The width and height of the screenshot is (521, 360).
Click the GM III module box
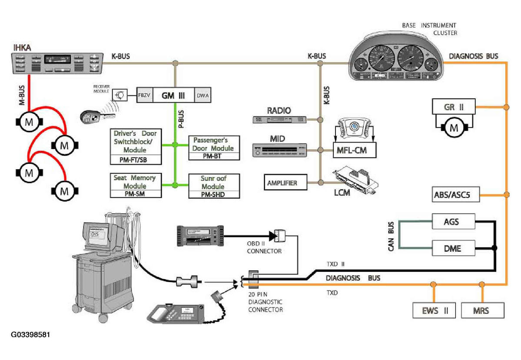tap(174, 95)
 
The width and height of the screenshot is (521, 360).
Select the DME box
tap(452, 249)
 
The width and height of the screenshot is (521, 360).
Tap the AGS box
tap(452, 222)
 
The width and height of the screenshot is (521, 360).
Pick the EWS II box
tap(433, 310)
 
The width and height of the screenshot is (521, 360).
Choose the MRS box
tap(481, 310)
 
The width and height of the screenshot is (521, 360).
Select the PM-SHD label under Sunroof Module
tap(213, 195)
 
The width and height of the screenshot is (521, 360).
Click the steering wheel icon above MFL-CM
tap(355, 129)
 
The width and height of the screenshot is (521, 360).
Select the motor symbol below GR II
tap(453, 127)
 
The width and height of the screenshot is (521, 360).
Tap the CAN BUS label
tap(391, 237)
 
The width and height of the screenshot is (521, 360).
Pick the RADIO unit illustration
tap(279, 119)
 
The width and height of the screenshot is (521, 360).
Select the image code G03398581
tap(31, 336)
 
